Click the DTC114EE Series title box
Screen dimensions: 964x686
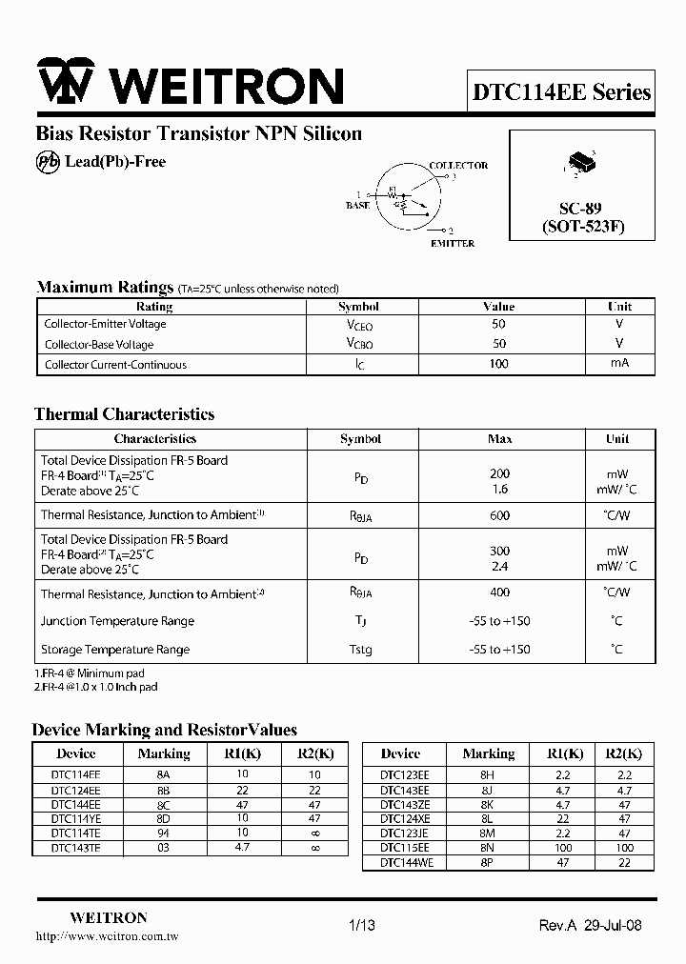tap(561, 92)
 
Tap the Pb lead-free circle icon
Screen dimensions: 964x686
tap(48, 162)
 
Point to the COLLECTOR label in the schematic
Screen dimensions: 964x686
tap(458, 166)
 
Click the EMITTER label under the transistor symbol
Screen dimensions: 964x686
tap(452, 244)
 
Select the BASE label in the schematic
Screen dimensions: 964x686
tap(357, 206)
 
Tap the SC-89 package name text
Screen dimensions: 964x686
tap(580, 208)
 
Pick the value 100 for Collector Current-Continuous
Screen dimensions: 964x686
tap(498, 364)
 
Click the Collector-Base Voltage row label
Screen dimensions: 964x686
tap(99, 345)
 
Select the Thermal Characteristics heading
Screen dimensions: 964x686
tap(124, 414)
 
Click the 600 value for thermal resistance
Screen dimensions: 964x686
tap(499, 515)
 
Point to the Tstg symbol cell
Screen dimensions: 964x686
tap(360, 650)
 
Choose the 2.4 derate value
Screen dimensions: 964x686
tap(499, 566)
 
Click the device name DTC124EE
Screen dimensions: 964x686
tap(75, 791)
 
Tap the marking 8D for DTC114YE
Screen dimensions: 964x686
tap(163, 818)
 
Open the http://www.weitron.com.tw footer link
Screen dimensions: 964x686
tap(107, 936)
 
